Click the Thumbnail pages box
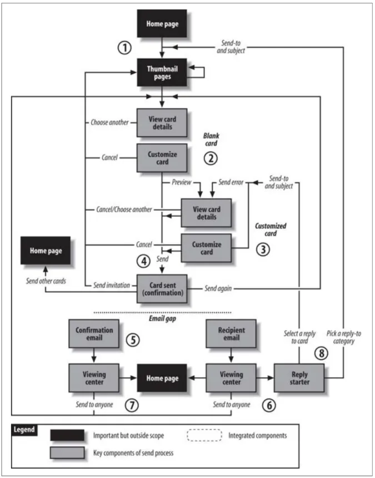pyautogui.click(x=162, y=73)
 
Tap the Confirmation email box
pyautogui.click(x=93, y=333)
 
